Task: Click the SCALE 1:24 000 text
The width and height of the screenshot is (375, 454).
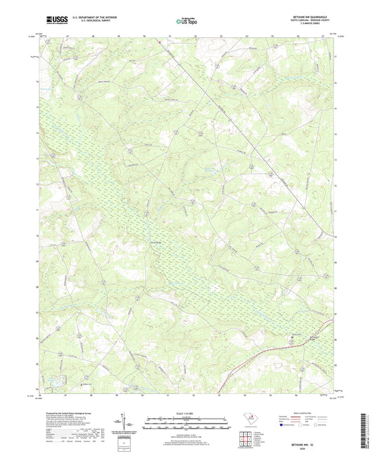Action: tap(186, 414)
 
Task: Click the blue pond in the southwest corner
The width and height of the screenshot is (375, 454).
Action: tap(53, 382)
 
